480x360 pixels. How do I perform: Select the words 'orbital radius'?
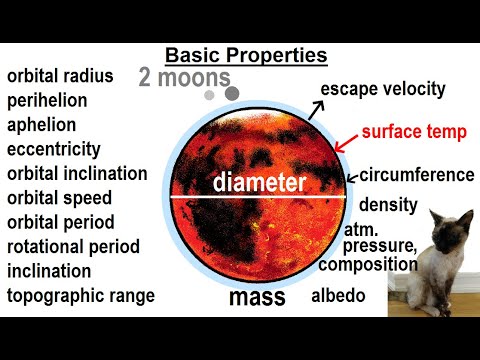(60, 77)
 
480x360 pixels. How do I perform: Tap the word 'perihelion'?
(48, 101)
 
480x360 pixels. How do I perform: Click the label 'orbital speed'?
(60, 198)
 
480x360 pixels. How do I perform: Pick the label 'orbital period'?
(61, 222)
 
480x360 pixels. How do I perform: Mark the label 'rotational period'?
(73, 247)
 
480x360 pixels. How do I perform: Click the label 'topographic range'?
(80, 296)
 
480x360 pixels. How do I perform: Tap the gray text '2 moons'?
(185, 77)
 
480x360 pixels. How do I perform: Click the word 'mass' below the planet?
(257, 297)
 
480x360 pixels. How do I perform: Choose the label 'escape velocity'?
(382, 90)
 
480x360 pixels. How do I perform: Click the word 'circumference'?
(416, 175)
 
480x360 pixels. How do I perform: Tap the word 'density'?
(387, 205)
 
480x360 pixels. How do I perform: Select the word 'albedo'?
(335, 296)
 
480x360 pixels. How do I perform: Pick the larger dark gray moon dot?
(232, 93)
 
